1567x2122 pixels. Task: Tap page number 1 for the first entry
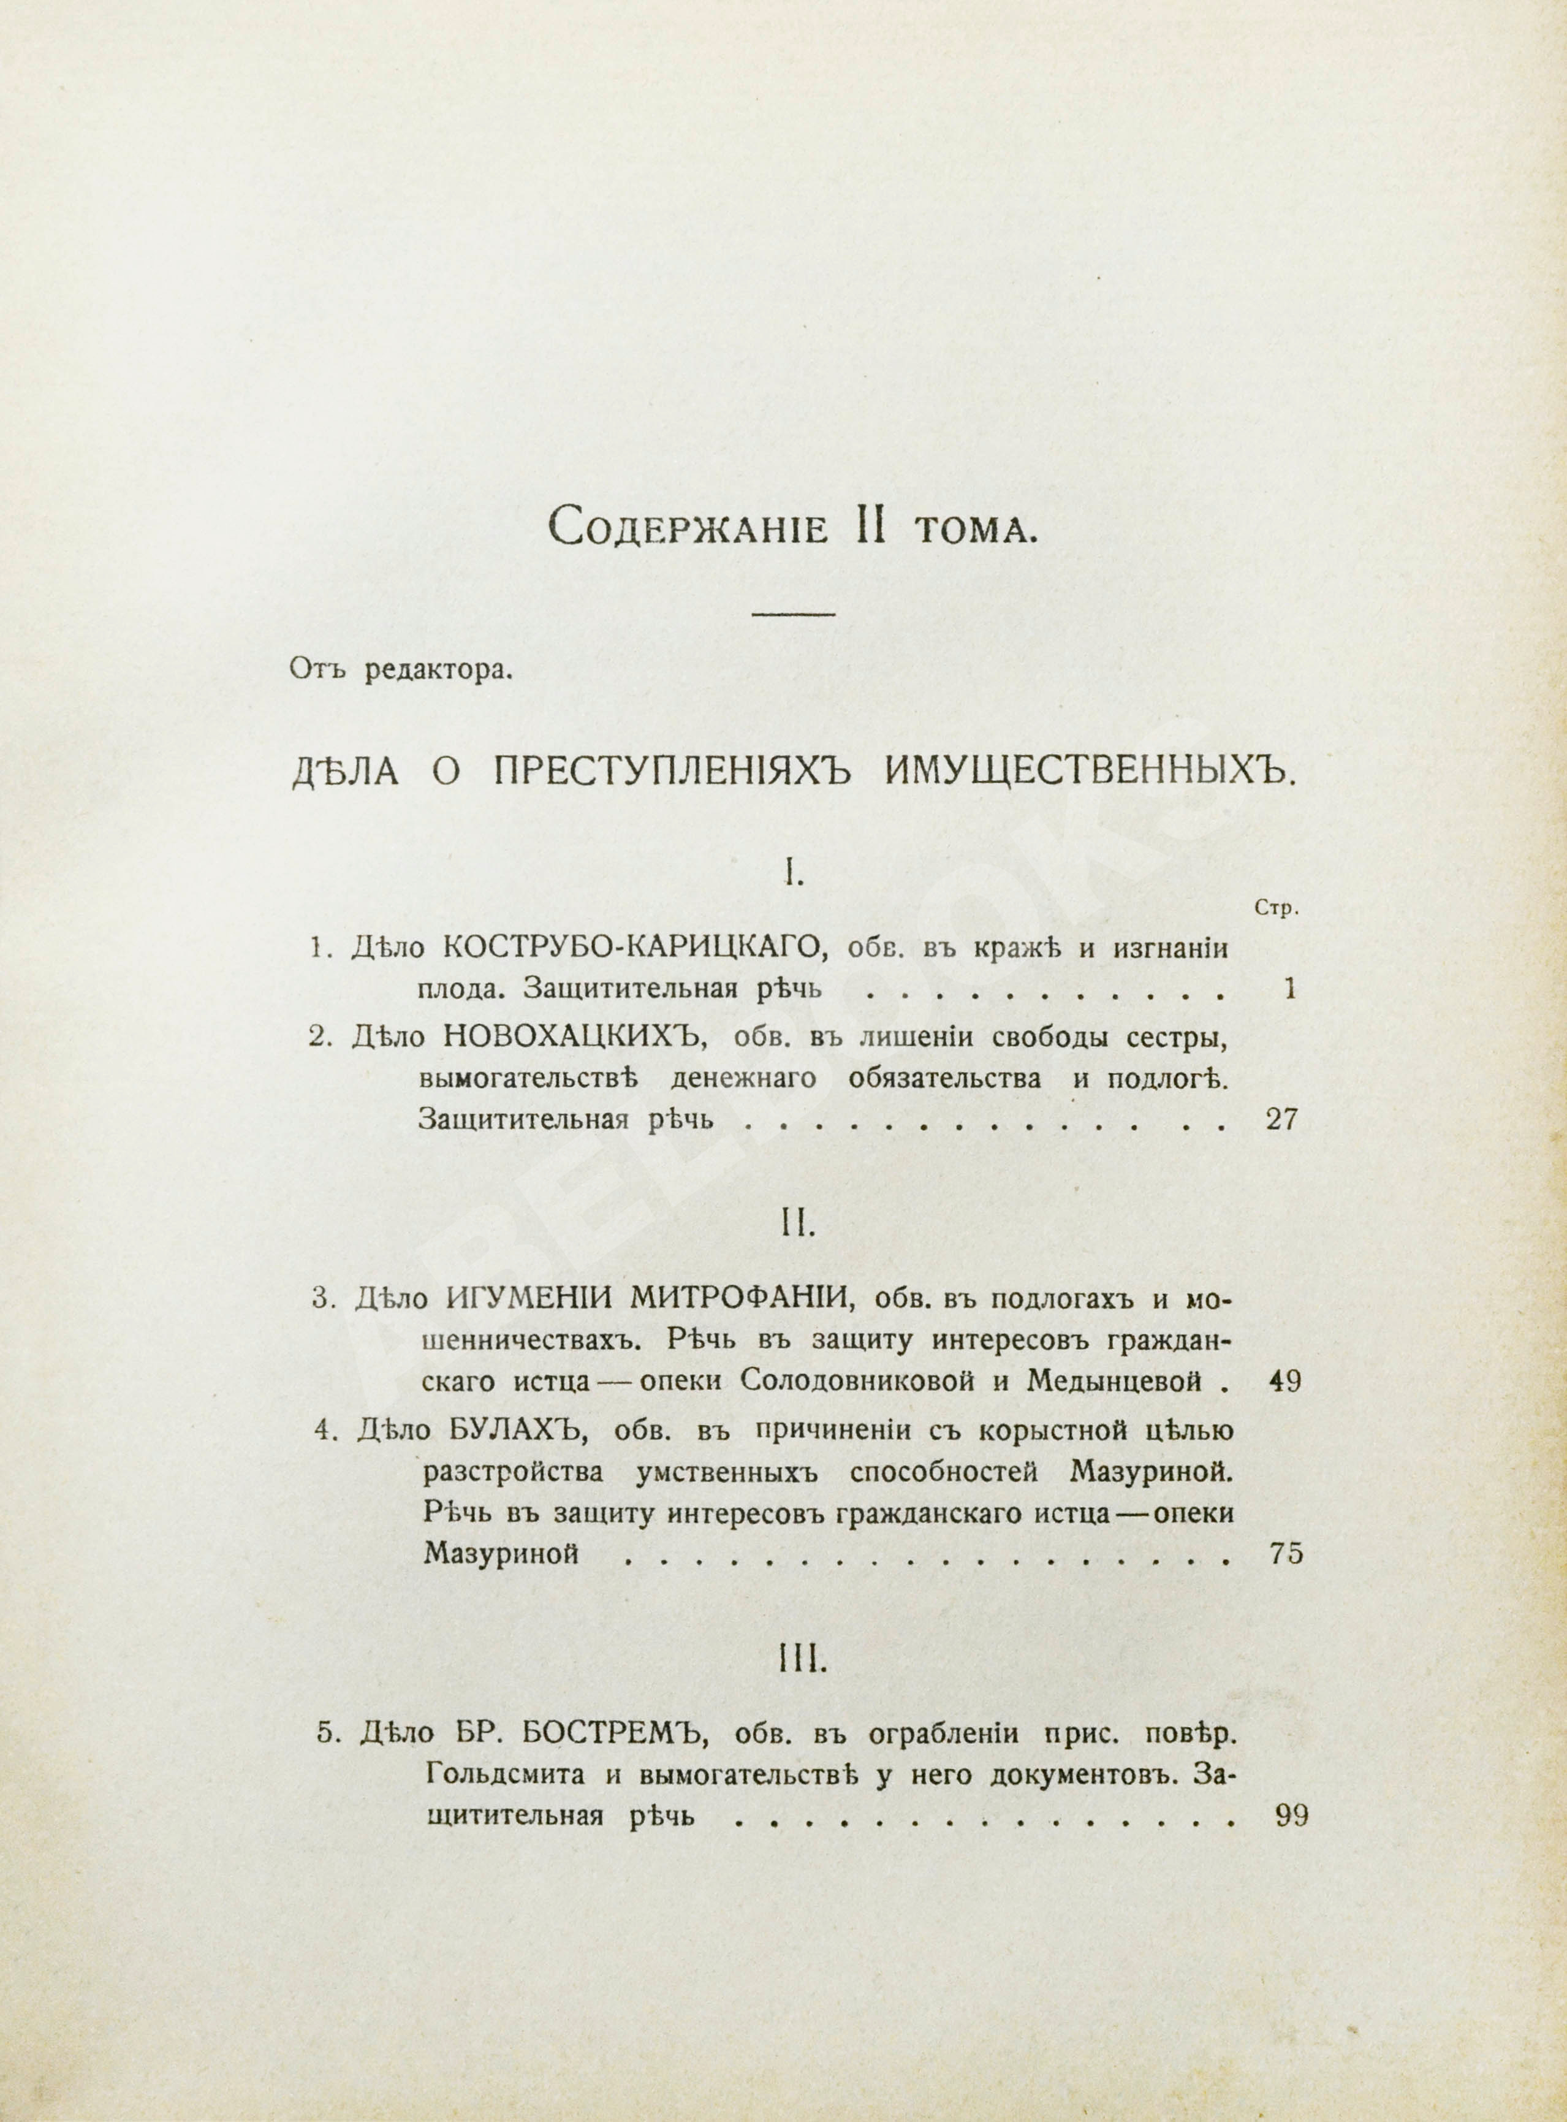(x=1287, y=991)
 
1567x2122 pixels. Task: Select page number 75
(x=1285, y=1555)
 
